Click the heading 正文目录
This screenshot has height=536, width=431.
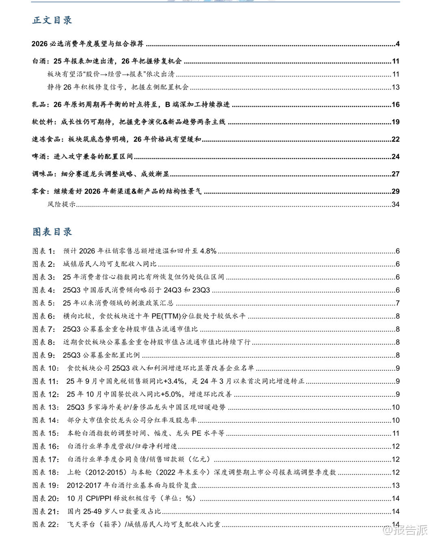(x=52, y=20)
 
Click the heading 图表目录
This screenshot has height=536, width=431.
(x=52, y=231)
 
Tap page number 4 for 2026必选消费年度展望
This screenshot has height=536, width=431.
(x=398, y=44)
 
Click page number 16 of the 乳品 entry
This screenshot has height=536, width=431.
(x=396, y=105)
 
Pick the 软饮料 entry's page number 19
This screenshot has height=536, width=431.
(x=396, y=122)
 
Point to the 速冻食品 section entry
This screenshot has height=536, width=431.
(x=117, y=139)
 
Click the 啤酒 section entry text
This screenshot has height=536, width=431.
(x=82, y=157)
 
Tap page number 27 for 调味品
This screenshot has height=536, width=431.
(x=396, y=174)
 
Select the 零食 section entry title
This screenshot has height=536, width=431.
(x=117, y=191)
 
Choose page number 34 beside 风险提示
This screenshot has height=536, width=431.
(x=396, y=204)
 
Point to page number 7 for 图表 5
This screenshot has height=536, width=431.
(x=398, y=303)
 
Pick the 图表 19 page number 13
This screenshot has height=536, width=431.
(x=396, y=485)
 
